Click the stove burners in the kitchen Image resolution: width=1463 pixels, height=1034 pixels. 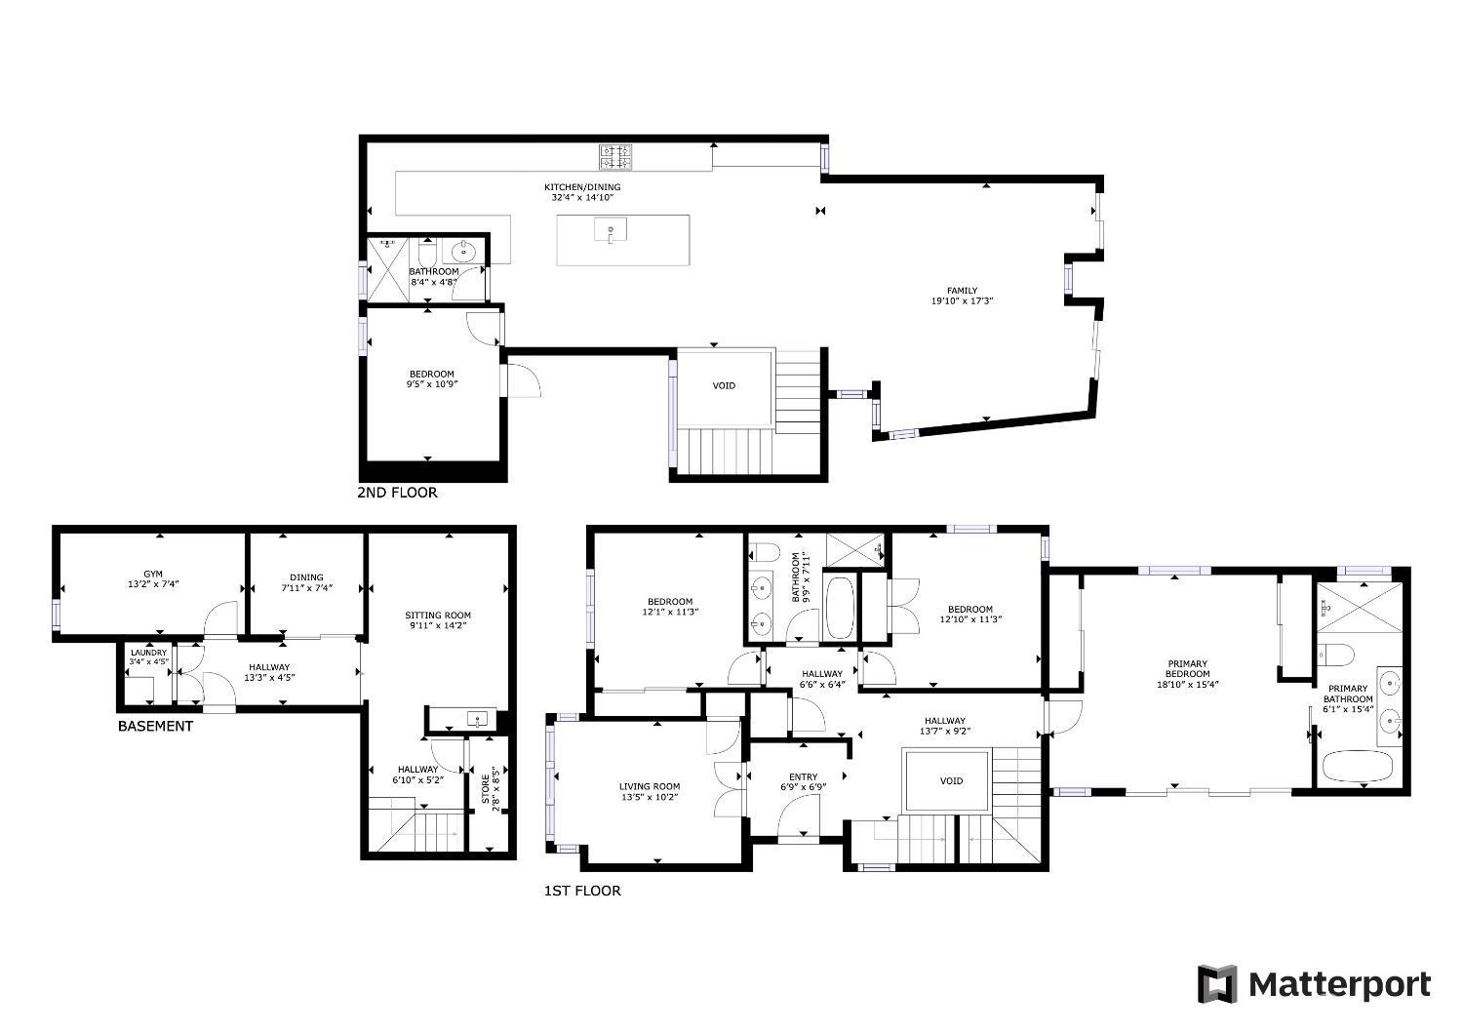pos(615,157)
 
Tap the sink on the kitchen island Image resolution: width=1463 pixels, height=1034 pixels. pos(611,230)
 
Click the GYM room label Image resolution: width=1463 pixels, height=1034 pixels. pos(153,575)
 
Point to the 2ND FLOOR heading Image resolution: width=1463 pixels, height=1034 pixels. pos(397,493)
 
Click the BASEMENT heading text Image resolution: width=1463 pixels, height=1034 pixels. pos(155,726)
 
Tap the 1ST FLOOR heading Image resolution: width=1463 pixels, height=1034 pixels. pos(582,891)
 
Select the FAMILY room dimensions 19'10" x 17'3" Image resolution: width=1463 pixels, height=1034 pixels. pos(962,301)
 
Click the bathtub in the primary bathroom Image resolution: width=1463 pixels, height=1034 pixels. pos(1358,767)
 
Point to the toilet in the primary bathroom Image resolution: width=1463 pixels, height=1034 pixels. pos(1335,654)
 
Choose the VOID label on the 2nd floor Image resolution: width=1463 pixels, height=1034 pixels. pos(724,386)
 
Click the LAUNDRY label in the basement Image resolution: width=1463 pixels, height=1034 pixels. pos(149,653)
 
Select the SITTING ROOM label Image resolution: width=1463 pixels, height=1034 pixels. pos(438,616)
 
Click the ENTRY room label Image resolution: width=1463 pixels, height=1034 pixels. pos(804,777)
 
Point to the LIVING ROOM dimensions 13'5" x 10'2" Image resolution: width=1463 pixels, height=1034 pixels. pos(650,797)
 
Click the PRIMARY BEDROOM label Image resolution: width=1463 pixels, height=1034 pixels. pos(1187,669)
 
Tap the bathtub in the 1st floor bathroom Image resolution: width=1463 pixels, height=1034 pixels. pos(840,608)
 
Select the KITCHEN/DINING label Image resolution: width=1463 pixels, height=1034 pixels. pos(582,187)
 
